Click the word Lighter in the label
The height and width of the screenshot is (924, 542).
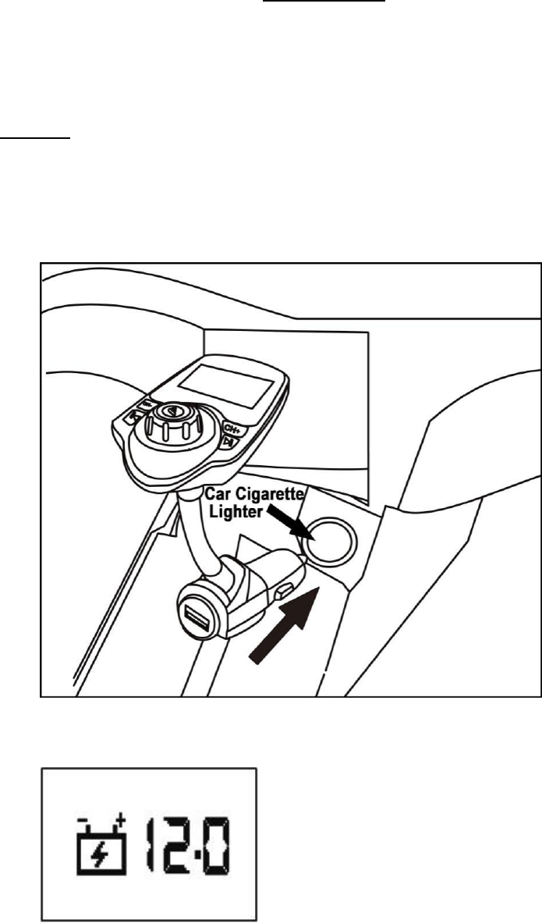point(233,511)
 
